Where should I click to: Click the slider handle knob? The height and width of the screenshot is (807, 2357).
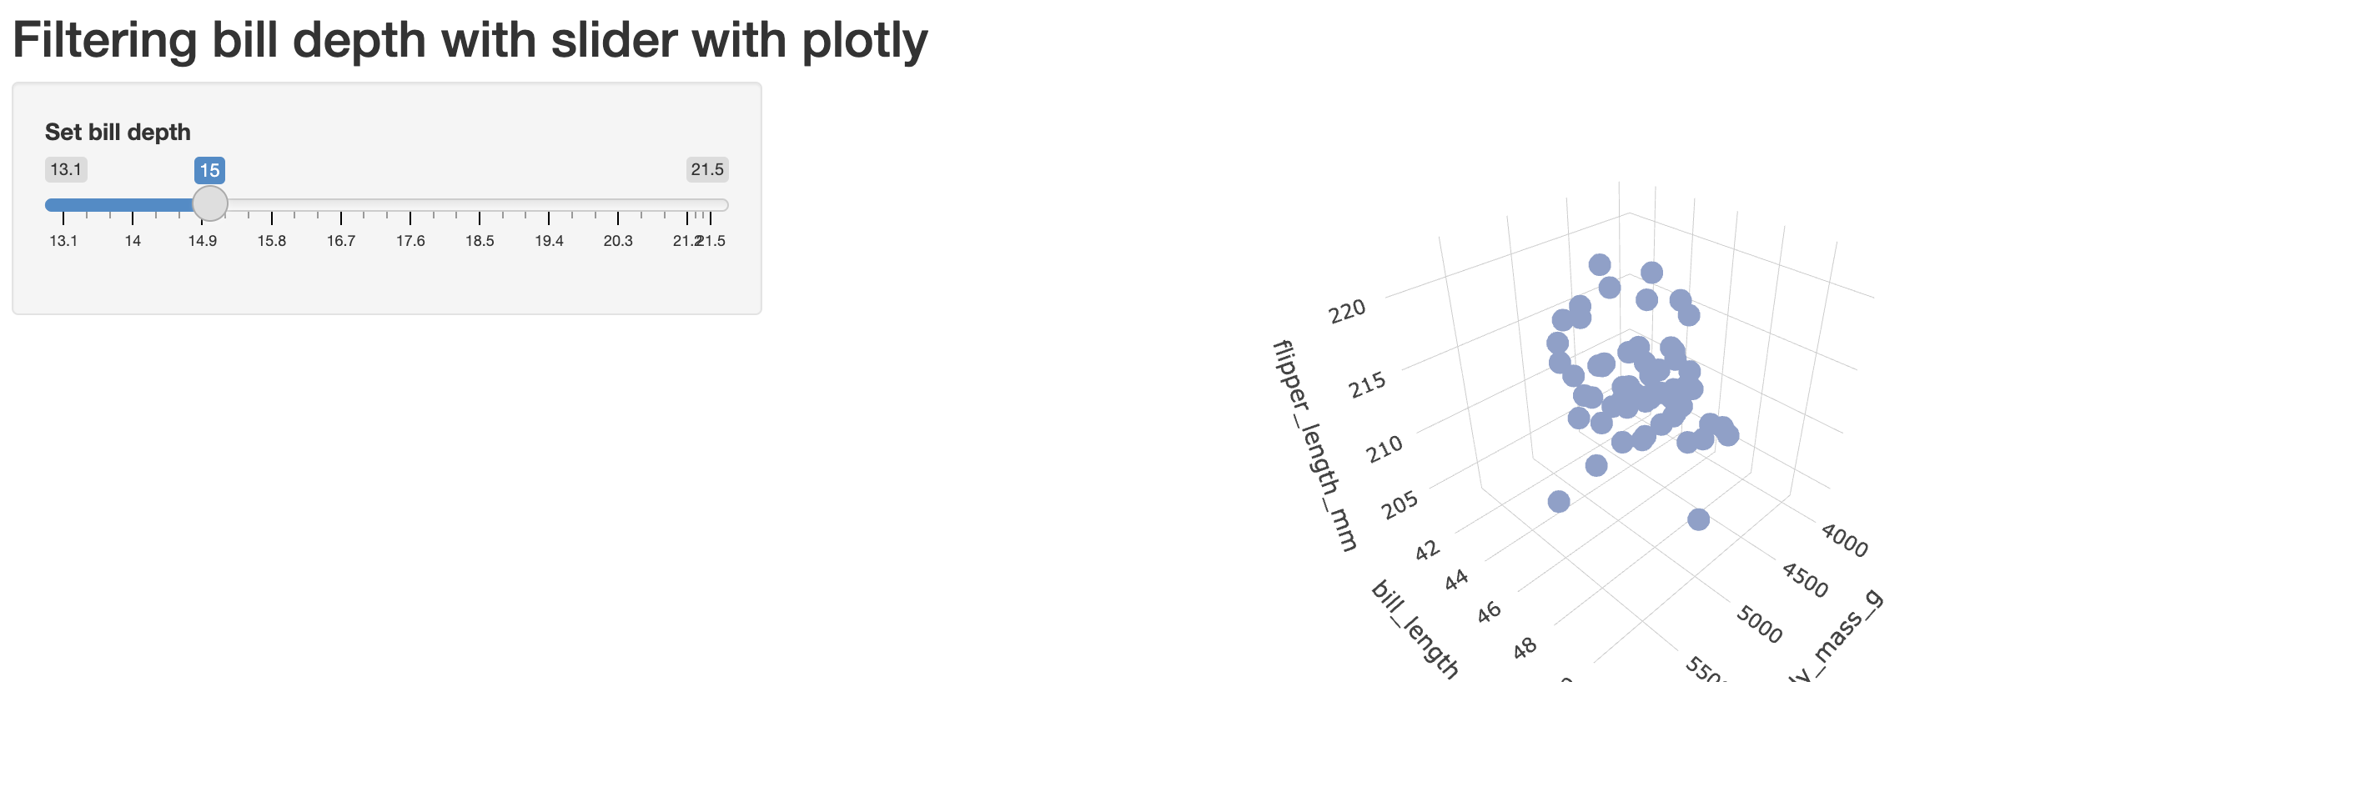click(210, 204)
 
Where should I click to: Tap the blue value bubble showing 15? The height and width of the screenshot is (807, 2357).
click(209, 170)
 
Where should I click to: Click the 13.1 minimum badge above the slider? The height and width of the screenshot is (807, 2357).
click(66, 169)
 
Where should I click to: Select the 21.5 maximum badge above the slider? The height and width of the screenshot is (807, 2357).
click(707, 169)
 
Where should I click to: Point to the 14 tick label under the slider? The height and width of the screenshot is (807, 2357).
click(133, 241)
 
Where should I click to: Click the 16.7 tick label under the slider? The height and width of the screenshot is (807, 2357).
click(341, 241)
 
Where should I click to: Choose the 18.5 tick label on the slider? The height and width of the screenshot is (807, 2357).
click(480, 241)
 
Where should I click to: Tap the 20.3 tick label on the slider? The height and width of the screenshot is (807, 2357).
click(618, 241)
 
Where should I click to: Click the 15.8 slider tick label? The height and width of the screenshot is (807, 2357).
click(272, 241)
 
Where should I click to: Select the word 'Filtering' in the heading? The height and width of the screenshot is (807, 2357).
click(104, 41)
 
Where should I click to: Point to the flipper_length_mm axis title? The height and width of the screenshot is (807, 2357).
click(1314, 445)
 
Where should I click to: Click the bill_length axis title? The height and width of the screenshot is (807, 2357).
click(1415, 629)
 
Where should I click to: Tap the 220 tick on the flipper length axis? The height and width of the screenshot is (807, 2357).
click(1348, 312)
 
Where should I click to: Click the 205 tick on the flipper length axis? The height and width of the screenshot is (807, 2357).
click(1401, 504)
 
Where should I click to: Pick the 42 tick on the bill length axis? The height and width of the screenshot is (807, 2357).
click(1427, 551)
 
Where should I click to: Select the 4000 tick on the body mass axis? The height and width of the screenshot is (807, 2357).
click(1845, 541)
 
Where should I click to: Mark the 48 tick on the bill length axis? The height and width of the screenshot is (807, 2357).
click(1525, 649)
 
